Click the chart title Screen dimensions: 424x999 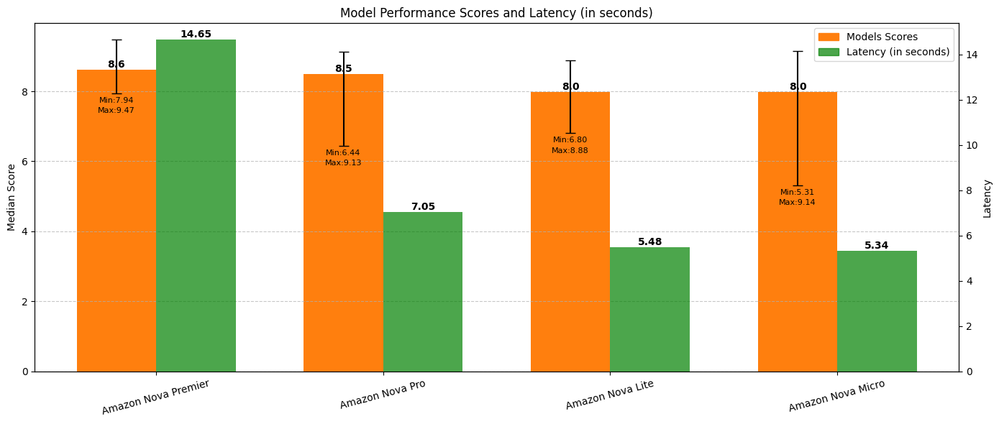click(x=496, y=13)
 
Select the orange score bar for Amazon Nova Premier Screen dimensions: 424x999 click(x=117, y=237)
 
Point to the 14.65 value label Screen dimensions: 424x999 click(x=196, y=34)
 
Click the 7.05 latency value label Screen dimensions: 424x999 click(x=423, y=207)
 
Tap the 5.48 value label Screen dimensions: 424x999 click(x=649, y=242)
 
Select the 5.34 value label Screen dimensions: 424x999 click(x=876, y=246)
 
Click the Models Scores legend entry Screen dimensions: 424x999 click(x=881, y=37)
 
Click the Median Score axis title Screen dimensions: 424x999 click(x=12, y=197)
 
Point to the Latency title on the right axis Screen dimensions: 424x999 click(x=987, y=198)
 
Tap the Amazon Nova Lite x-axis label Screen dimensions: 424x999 click(x=609, y=395)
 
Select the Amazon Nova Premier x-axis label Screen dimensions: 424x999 click(x=155, y=397)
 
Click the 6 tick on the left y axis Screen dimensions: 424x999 click(x=24, y=162)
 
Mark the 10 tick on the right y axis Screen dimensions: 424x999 click(x=968, y=145)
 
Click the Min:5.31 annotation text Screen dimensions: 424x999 click(x=797, y=193)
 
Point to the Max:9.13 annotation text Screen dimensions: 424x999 click(x=343, y=163)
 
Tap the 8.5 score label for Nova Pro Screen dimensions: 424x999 click(x=343, y=69)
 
